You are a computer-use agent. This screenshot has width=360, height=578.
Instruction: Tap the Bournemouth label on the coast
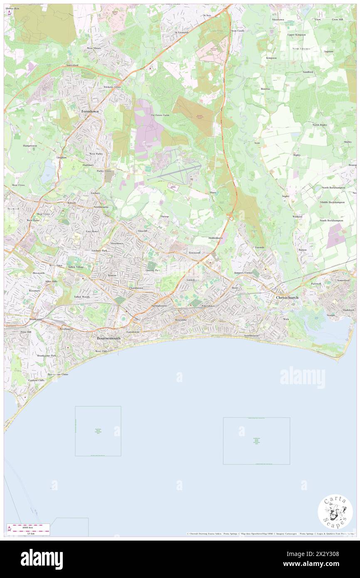click(x=108, y=338)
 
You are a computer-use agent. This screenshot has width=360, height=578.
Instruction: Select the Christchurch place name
click(x=287, y=298)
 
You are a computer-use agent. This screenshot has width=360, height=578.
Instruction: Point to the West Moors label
click(x=94, y=48)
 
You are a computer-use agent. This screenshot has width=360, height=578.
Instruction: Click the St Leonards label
click(x=182, y=32)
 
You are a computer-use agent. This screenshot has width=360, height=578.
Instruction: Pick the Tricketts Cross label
click(x=112, y=87)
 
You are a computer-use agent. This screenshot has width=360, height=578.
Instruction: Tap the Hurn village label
click(x=213, y=193)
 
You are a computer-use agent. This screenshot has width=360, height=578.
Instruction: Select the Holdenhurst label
click(x=216, y=238)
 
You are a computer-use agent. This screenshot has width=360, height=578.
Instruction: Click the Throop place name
click(x=165, y=217)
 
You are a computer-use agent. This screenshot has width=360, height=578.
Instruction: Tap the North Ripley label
click(x=320, y=125)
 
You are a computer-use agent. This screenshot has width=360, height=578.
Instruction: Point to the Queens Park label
click(x=153, y=270)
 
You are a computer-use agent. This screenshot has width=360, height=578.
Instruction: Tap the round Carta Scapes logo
click(x=335, y=512)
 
